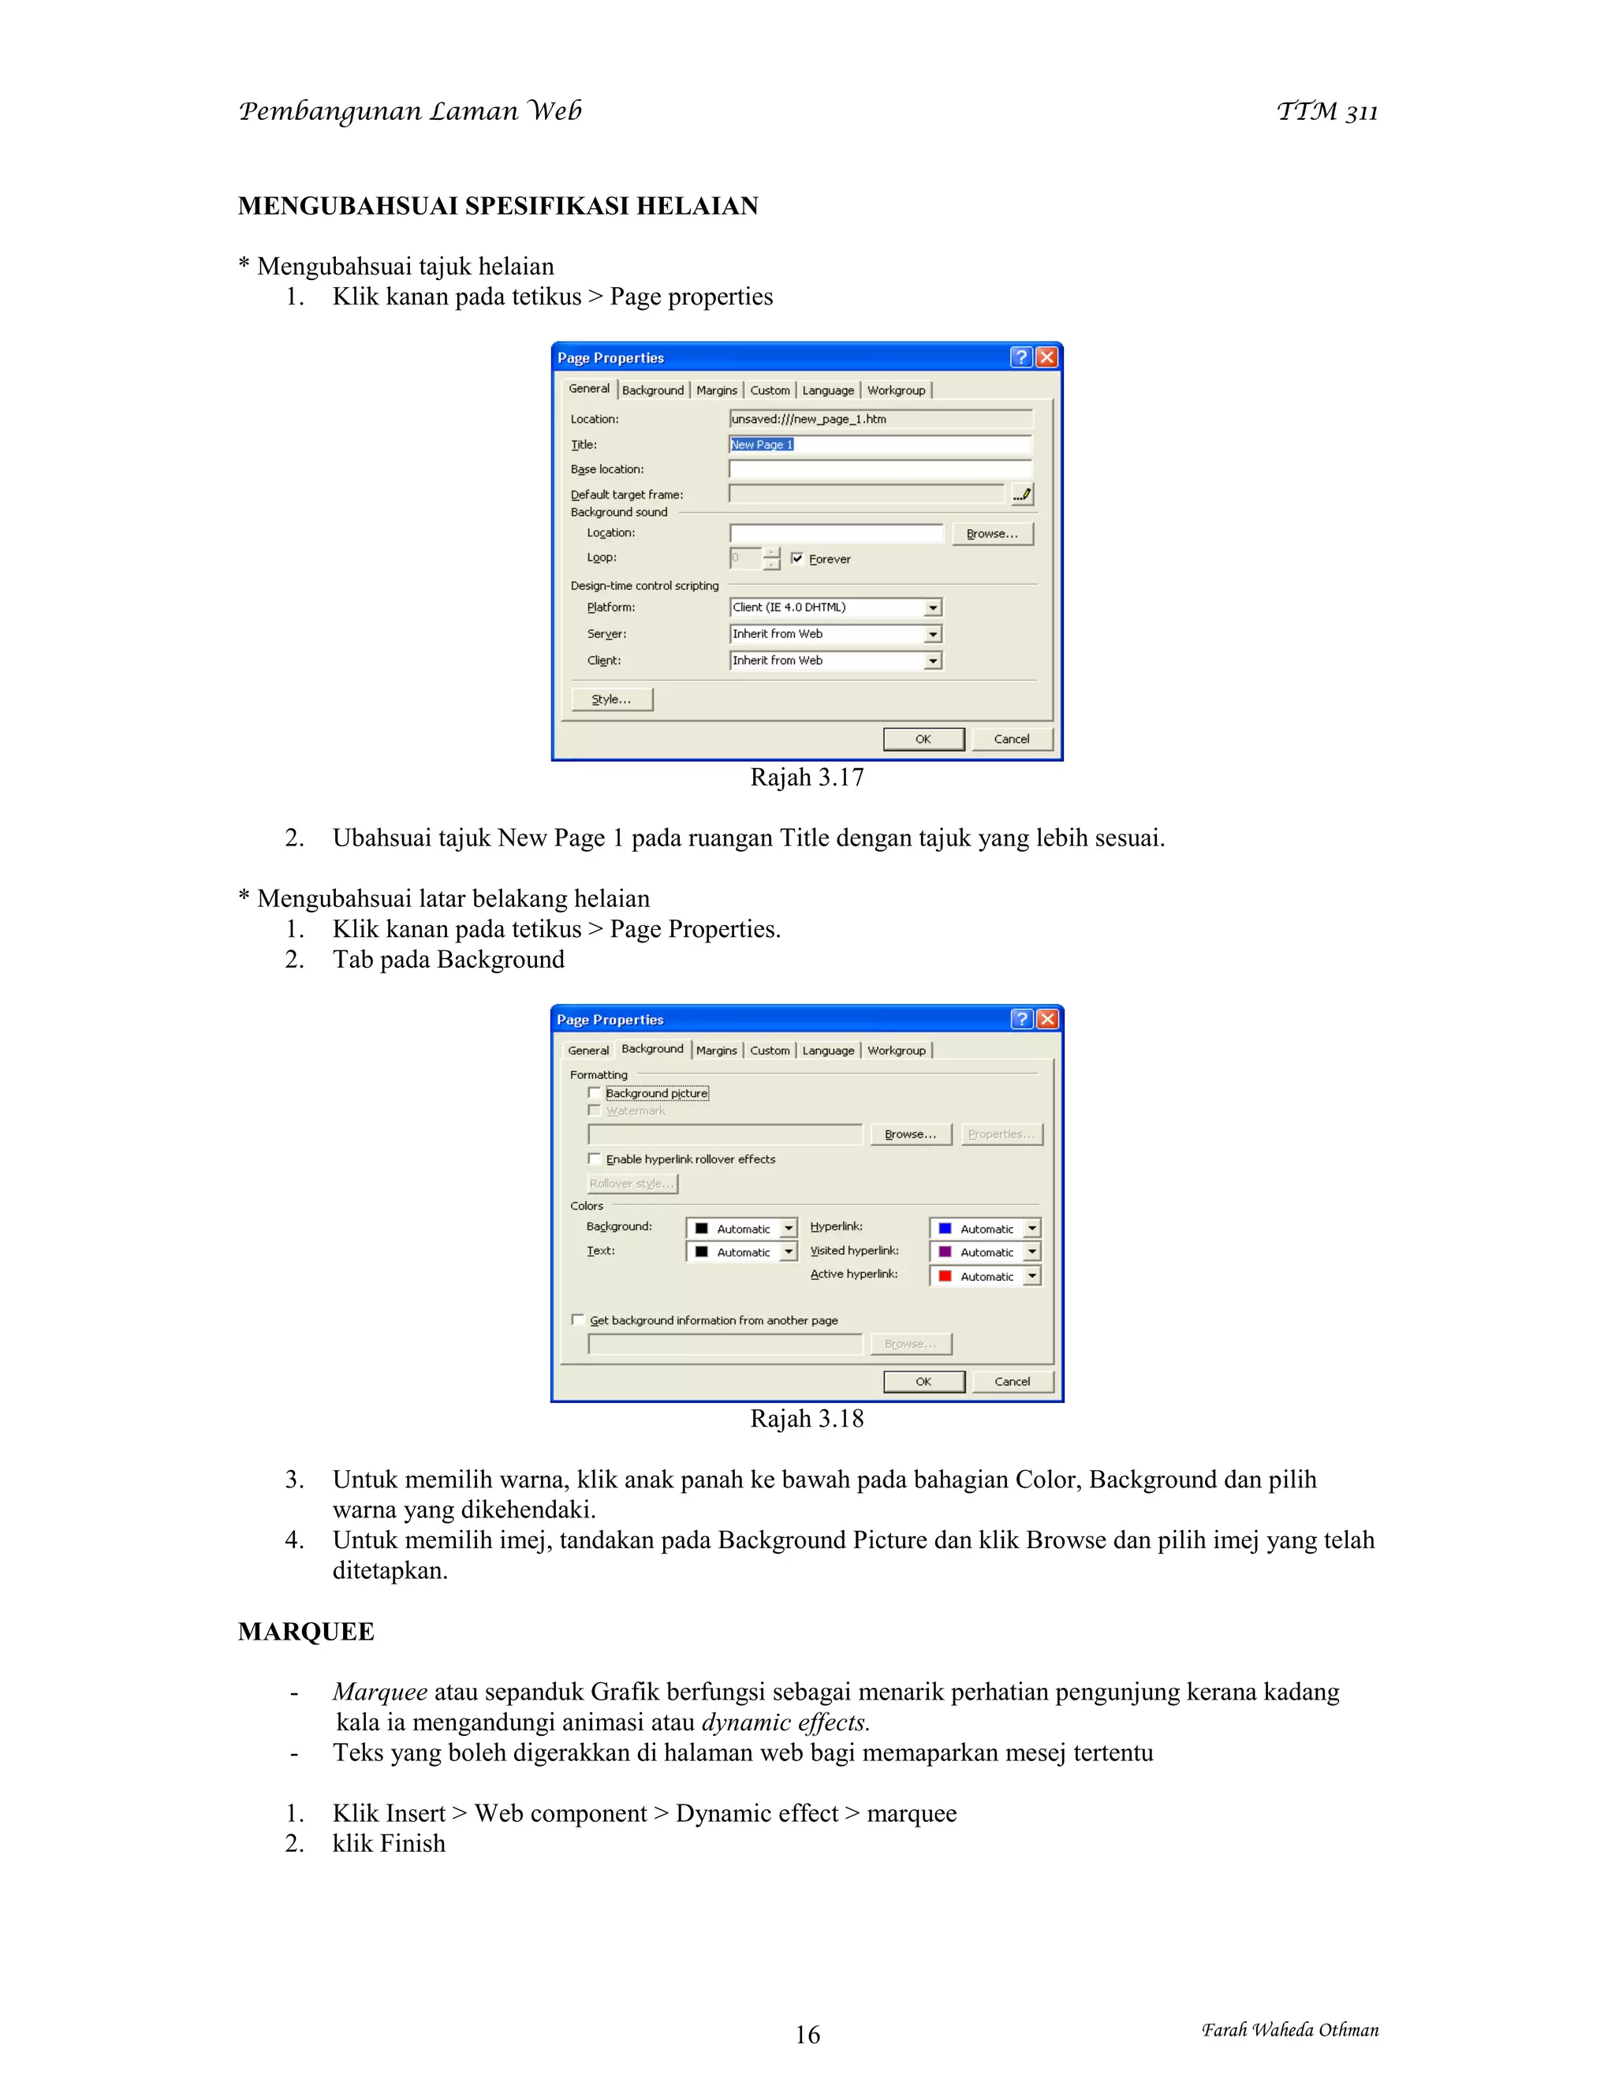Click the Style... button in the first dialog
pos(611,700)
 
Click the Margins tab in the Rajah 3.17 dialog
pos(717,390)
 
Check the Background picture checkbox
pos(594,1093)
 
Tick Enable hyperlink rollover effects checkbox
pos(594,1159)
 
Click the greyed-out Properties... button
pos(1001,1135)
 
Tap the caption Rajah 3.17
pos(807,778)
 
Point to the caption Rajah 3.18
pos(807,1419)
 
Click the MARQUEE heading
pos(306,1632)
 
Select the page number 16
pos(807,2035)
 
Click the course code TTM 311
pos(1327,112)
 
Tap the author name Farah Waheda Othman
pos(1289,2030)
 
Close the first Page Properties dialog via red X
pos(1048,358)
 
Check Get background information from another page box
pos(578,1319)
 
